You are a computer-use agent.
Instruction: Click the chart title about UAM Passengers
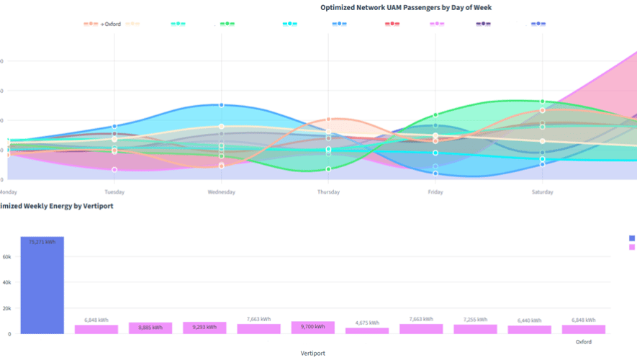pos(406,7)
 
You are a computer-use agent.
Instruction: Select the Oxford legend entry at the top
pos(112,24)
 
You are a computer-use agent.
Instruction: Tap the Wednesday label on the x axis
pos(221,192)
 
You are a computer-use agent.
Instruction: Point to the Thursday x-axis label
pos(328,192)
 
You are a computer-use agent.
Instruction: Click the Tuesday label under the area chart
pos(114,192)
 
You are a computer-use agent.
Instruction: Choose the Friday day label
pos(435,192)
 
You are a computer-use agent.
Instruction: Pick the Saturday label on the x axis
pos(542,192)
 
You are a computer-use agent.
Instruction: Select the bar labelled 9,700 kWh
pos(313,328)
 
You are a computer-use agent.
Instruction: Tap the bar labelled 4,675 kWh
pos(367,330)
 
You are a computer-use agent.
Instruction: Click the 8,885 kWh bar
pos(150,328)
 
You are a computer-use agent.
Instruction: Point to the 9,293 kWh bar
pos(204,328)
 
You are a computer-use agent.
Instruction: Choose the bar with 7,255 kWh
pos(475,329)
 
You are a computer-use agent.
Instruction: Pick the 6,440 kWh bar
pos(529,330)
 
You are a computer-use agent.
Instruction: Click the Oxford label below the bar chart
pos(583,342)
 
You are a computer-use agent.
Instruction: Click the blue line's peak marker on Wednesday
pos(222,105)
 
